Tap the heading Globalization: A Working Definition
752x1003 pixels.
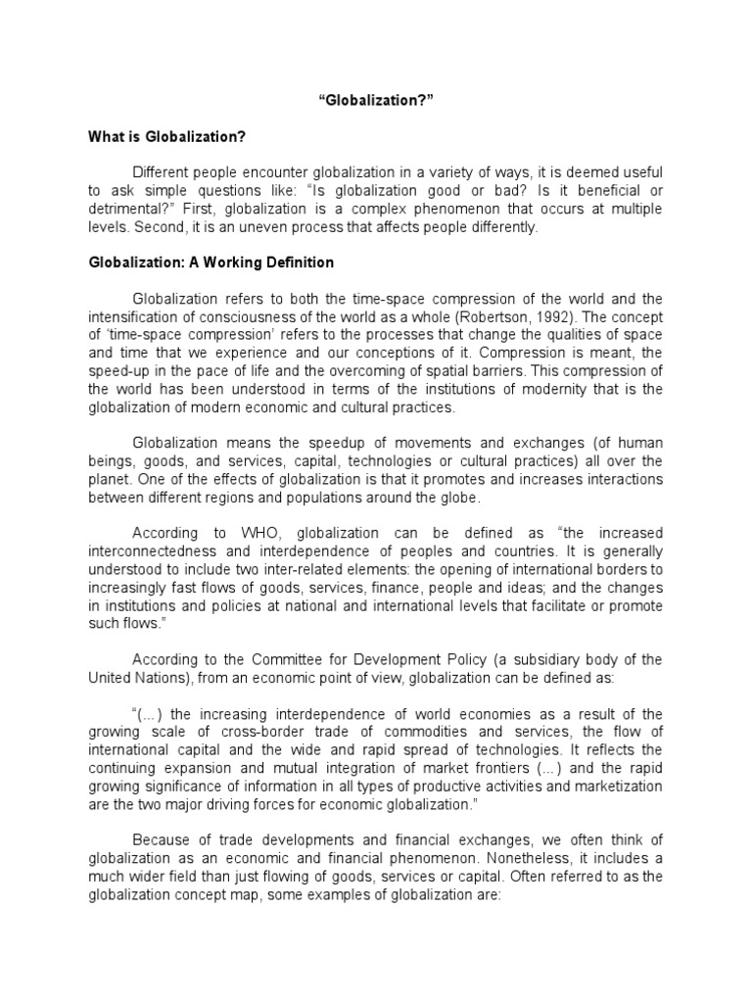(x=211, y=263)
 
